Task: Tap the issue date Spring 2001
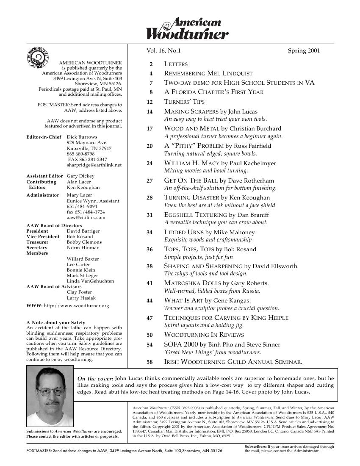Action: (304, 51)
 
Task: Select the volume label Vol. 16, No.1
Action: (163, 51)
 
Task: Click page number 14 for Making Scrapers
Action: (150, 112)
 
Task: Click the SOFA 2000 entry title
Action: (181, 344)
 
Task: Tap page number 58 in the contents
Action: (150, 362)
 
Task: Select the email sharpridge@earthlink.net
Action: (94, 165)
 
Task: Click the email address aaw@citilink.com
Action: (86, 217)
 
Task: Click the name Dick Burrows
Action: (82, 137)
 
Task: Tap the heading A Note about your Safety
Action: (56, 322)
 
